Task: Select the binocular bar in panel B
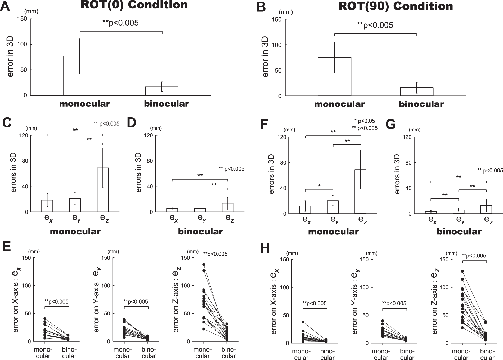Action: click(416, 91)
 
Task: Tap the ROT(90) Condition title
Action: click(396, 6)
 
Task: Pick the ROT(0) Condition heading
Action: click(134, 5)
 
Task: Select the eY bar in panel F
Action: click(333, 207)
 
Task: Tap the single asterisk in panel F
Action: click(319, 186)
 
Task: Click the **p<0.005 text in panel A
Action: click(120, 23)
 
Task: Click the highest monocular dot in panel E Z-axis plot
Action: click(204, 264)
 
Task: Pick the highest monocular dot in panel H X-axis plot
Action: click(303, 322)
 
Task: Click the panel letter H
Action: click(265, 249)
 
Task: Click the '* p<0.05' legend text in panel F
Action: click(365, 121)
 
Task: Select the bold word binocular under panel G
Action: click(459, 232)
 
